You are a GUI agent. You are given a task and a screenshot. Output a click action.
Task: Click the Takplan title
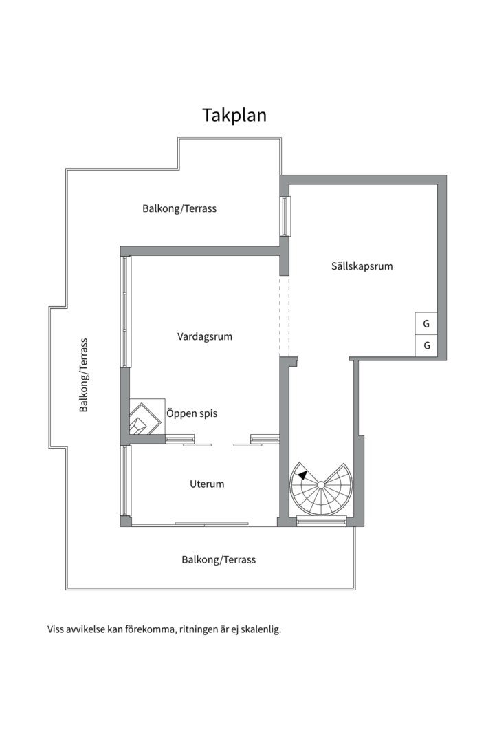pyautogui.click(x=234, y=115)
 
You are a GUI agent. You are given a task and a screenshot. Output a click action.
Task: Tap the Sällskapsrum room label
pyautogui.click(x=362, y=266)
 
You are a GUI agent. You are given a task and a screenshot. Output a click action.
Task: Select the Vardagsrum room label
pyautogui.click(x=205, y=336)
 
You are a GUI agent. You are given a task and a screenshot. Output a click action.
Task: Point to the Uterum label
pyautogui.click(x=207, y=484)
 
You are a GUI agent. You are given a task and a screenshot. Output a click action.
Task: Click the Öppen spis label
pyautogui.click(x=192, y=413)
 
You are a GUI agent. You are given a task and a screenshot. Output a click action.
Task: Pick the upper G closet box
pyautogui.click(x=426, y=323)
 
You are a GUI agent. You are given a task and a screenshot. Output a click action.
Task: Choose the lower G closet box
pyautogui.click(x=426, y=346)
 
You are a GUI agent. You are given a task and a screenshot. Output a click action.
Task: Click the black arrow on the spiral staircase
pyautogui.click(x=302, y=474)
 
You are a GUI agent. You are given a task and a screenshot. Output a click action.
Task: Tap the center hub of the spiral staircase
pyautogui.click(x=320, y=484)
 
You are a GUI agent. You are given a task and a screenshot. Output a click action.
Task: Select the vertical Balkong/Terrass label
pyautogui.click(x=84, y=375)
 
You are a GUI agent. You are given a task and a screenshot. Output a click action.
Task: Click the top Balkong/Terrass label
pyautogui.click(x=179, y=208)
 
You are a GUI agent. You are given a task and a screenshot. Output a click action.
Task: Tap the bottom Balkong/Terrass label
pyautogui.click(x=219, y=559)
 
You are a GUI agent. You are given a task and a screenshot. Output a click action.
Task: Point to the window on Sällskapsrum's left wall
pyautogui.click(x=285, y=216)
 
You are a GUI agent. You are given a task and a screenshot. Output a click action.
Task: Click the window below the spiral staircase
pyautogui.click(x=322, y=521)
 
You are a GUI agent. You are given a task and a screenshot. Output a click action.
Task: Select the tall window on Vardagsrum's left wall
pyautogui.click(x=126, y=312)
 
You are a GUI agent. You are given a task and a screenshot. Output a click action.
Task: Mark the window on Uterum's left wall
pyautogui.click(x=125, y=480)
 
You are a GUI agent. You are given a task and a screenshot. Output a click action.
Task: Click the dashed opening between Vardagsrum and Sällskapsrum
pyautogui.click(x=284, y=316)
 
